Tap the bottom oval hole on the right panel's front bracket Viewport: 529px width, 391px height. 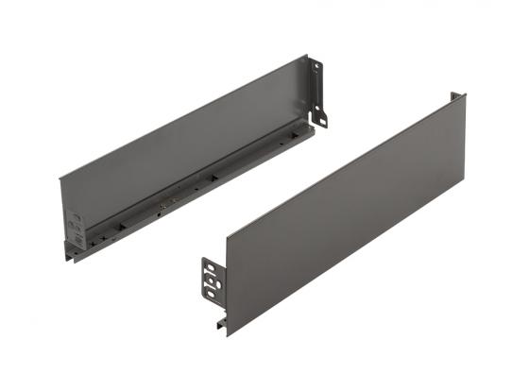[211, 295]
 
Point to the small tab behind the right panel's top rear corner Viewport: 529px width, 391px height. [457, 95]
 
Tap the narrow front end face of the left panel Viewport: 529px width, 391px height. [64, 212]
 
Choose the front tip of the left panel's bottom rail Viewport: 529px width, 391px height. [72, 256]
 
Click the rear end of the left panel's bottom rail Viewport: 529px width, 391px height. [310, 128]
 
